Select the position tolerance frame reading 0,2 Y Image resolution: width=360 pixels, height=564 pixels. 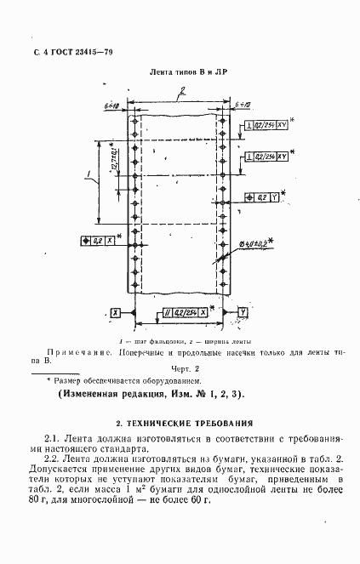[x=262, y=197]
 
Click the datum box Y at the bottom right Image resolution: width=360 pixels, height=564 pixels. [x=243, y=313]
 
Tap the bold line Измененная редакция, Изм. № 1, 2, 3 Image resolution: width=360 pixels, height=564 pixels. [x=150, y=395]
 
